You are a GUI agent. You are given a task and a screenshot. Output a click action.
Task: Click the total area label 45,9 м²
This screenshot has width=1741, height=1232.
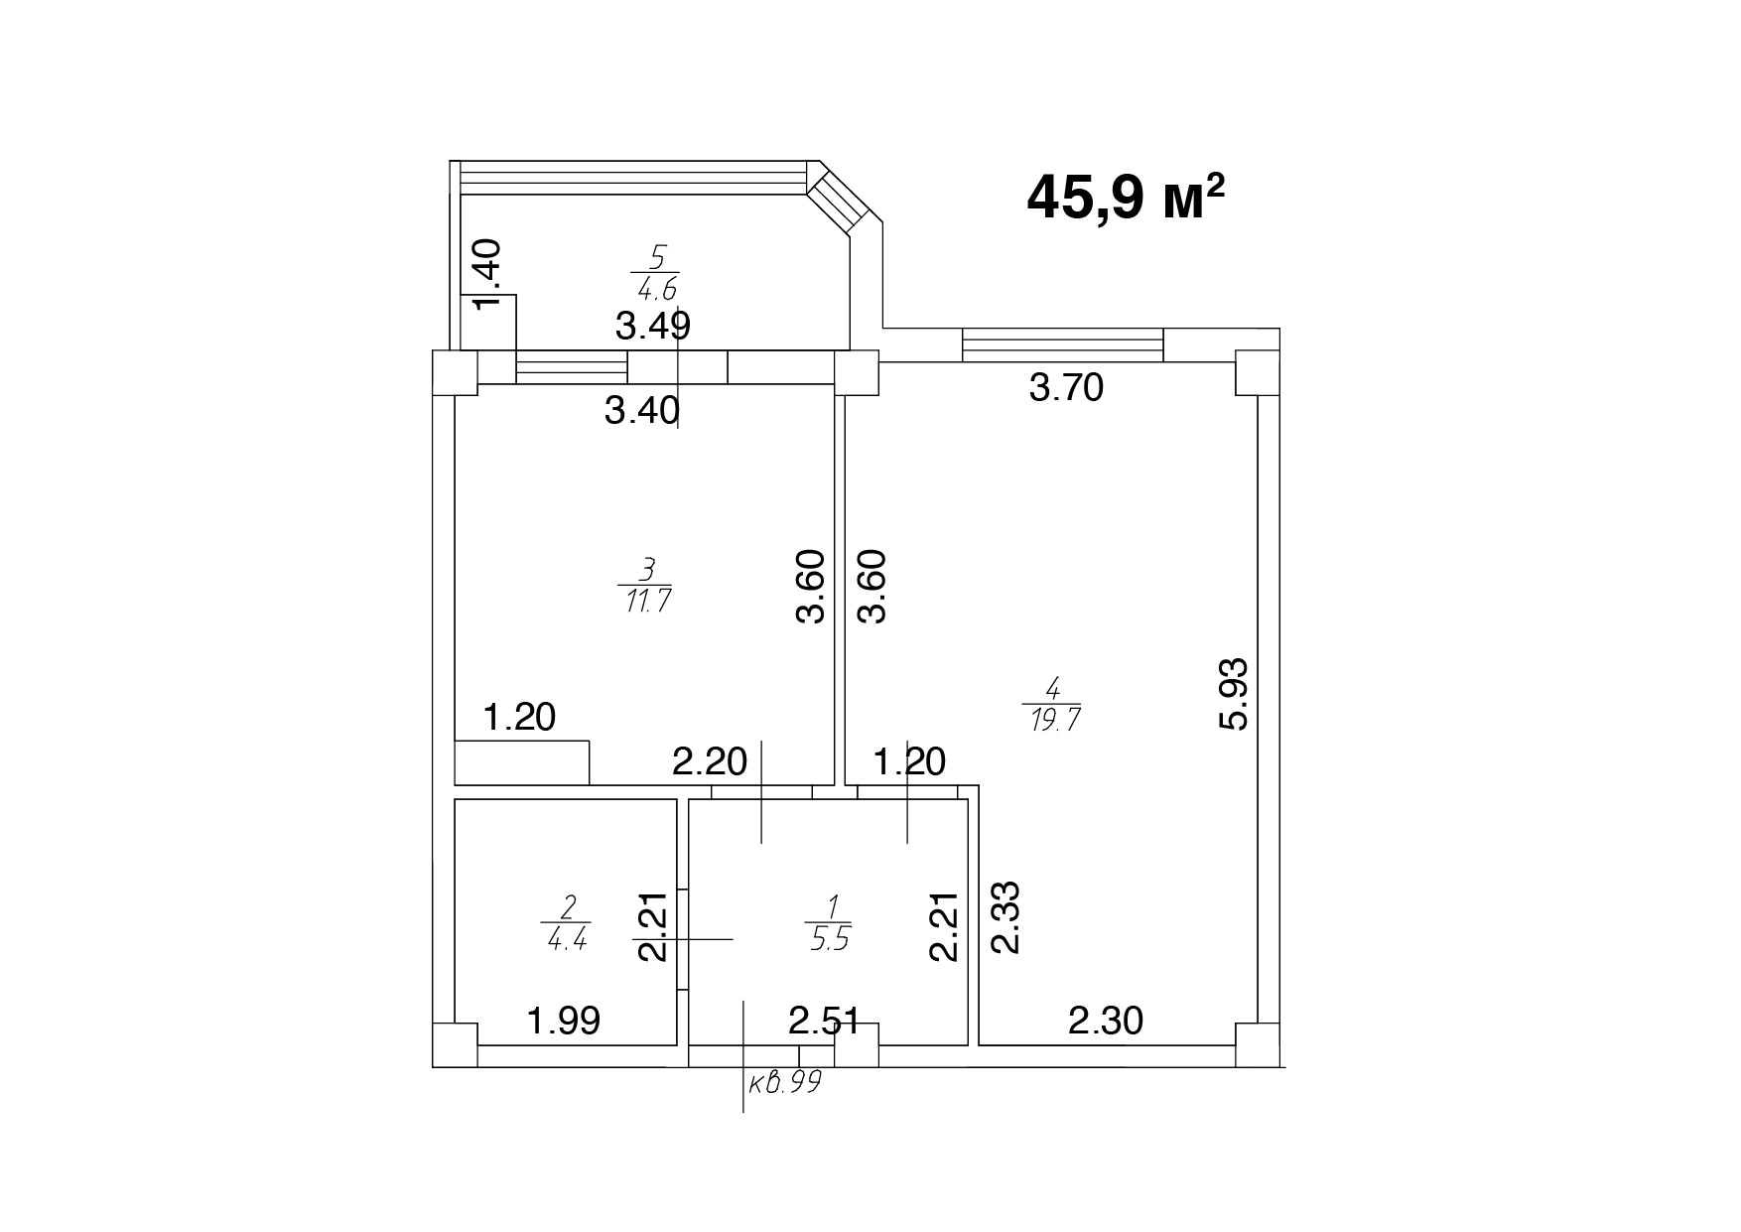click(1126, 197)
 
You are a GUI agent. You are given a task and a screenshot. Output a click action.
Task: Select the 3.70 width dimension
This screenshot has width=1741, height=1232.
click(1066, 387)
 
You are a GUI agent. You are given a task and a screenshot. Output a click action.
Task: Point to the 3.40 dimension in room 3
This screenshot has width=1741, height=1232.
click(641, 409)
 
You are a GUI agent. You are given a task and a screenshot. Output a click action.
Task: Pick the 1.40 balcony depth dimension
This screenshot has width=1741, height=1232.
click(492, 275)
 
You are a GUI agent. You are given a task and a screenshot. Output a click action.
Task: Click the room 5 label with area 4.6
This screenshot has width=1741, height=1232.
click(656, 273)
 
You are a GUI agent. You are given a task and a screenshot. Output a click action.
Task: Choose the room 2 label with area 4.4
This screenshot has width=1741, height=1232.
click(568, 922)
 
